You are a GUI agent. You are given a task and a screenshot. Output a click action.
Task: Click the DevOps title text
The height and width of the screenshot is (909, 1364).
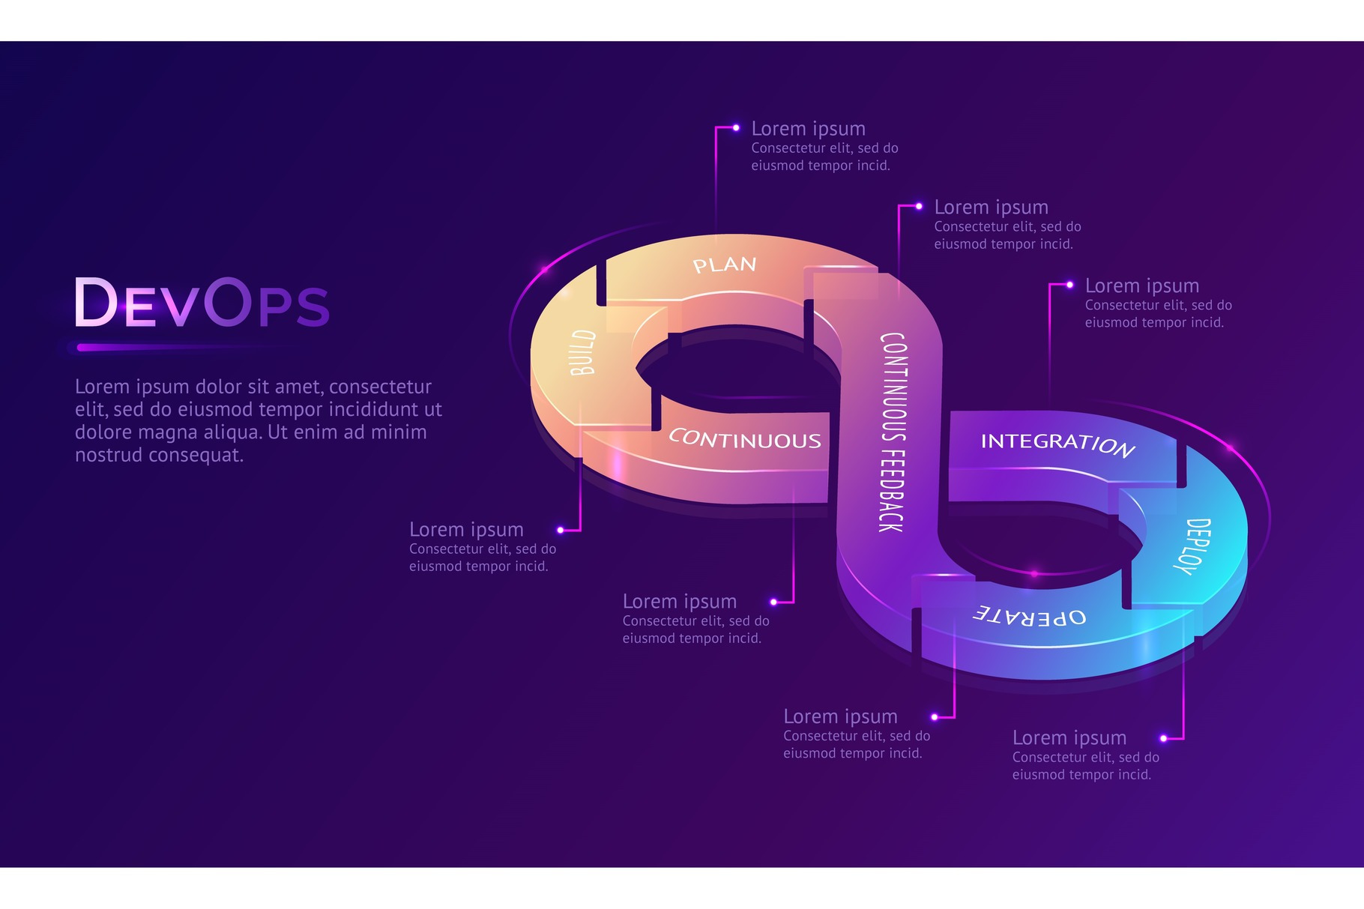202,303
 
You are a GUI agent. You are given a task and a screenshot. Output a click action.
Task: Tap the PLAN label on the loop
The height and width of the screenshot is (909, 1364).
724,265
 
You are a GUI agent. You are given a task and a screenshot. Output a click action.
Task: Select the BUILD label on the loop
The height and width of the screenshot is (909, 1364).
583,352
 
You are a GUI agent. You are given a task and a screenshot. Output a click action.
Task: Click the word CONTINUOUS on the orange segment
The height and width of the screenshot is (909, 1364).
745,439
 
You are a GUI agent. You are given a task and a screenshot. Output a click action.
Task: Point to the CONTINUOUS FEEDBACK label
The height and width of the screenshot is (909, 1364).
892,432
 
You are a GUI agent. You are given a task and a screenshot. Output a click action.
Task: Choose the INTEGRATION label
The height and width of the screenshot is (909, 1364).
1057,444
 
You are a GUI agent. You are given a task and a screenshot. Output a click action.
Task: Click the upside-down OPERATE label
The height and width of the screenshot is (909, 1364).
1030,617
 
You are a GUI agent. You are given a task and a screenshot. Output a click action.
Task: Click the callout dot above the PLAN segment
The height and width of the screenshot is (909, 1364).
736,128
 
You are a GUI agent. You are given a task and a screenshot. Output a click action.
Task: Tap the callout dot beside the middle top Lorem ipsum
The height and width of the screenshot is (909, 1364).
919,206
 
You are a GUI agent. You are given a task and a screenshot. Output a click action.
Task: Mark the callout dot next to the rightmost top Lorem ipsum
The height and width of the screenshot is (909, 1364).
1069,285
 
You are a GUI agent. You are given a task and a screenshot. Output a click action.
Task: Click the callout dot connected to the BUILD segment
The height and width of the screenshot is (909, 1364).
561,530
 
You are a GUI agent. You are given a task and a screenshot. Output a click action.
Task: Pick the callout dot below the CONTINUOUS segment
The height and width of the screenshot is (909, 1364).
773,602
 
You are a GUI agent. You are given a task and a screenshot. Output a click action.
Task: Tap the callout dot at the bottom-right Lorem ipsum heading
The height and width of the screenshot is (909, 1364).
1163,738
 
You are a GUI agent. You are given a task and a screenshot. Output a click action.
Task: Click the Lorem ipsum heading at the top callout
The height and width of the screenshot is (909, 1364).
808,129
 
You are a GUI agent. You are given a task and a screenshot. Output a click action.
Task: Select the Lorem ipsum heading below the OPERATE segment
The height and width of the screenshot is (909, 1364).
840,716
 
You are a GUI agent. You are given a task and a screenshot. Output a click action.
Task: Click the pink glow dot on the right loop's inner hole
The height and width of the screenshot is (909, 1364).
1034,573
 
